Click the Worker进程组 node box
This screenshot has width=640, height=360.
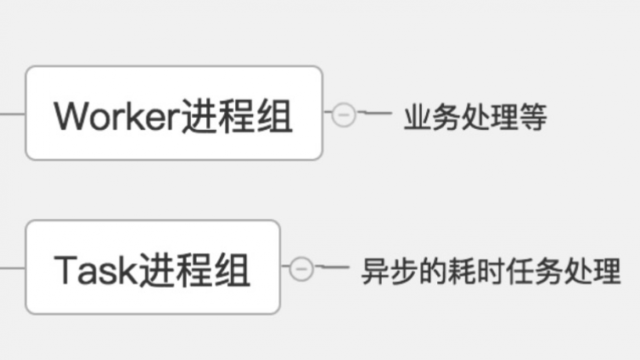[x=174, y=113]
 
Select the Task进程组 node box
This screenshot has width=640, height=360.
[x=153, y=267]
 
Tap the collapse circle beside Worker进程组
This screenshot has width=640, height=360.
[x=343, y=114]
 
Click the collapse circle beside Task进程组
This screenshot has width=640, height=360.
[x=301, y=269]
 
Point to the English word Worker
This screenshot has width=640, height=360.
[x=117, y=115]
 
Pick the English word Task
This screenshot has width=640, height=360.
[x=94, y=270]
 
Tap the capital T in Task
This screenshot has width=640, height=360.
[x=65, y=270]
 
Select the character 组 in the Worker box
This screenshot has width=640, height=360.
[x=273, y=115]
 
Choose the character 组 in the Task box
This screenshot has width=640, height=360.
[x=231, y=270]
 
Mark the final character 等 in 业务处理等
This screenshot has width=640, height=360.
[x=533, y=117]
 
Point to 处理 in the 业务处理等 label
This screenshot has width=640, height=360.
[x=490, y=117]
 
